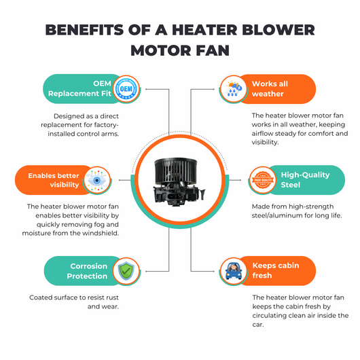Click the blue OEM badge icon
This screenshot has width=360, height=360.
126,89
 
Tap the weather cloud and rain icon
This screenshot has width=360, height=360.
233,89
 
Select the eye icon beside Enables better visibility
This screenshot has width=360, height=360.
97,180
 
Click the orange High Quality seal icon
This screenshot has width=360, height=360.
263,180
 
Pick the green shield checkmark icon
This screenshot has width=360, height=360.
126,271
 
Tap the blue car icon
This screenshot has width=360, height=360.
234,271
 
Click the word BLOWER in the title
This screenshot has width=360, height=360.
278,30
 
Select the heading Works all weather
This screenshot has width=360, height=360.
270,88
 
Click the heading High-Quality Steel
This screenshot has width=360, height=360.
305,180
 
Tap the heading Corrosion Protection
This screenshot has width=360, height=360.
87,271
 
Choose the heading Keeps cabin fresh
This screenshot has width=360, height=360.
276,270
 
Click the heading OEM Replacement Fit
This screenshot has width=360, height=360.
79,88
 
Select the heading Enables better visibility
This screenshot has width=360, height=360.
54,180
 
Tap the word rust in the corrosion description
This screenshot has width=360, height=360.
112,298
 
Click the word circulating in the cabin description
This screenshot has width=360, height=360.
269,316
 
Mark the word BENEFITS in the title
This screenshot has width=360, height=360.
84,30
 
